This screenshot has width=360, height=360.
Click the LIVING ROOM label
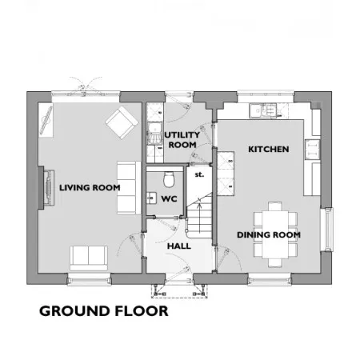tap(90, 188)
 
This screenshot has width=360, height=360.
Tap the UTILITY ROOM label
tap(182, 140)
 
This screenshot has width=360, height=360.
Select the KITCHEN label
tap(269, 149)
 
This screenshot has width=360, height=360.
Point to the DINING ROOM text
tap(269, 235)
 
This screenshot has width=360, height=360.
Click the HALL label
tap(179, 246)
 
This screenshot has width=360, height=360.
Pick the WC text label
tap(169, 199)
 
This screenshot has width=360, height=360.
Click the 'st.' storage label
tap(199, 174)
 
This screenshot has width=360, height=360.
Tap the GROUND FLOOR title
tap(104, 311)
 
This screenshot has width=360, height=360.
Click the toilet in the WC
tap(169, 179)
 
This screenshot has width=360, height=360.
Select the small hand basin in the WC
tap(151, 198)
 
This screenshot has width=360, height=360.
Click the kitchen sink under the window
tap(263, 110)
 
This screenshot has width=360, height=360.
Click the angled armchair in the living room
tap(122, 122)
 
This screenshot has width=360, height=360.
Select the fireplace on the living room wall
tap(46, 188)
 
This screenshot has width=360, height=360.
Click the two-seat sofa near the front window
tap(89, 258)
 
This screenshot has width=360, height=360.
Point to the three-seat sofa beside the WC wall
tap(129, 188)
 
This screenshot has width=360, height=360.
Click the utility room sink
tap(154, 133)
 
